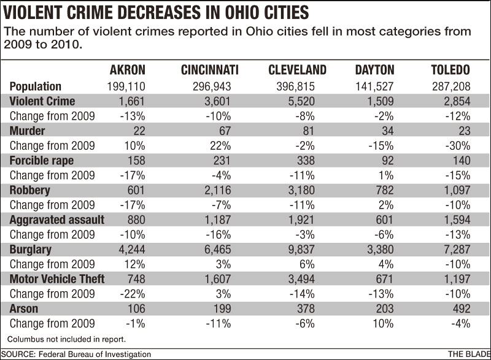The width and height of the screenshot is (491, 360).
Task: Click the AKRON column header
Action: click(x=127, y=70)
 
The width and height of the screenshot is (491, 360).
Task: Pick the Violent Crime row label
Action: click(x=42, y=101)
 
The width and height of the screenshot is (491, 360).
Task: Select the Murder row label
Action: click(x=27, y=131)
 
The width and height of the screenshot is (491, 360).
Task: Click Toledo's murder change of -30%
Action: click(x=457, y=146)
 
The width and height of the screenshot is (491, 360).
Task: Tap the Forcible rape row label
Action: click(x=41, y=161)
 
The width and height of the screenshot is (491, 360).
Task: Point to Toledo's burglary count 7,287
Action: click(x=456, y=250)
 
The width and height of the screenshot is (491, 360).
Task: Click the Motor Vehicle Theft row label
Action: click(x=56, y=279)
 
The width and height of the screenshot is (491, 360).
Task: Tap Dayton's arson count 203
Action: click(x=384, y=308)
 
